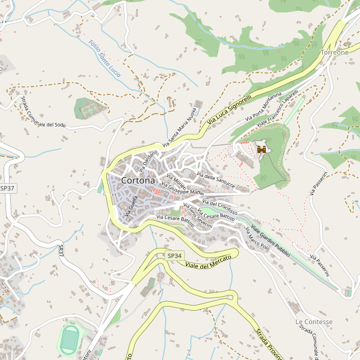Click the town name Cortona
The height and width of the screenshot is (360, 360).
(x=137, y=180)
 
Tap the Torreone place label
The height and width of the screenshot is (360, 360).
(x=334, y=52)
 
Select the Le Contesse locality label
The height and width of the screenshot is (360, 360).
(x=313, y=322)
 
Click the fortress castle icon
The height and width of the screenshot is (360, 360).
(x=261, y=149)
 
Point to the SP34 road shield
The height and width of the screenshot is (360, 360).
(x=173, y=256)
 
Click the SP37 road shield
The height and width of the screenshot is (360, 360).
(x=7, y=188)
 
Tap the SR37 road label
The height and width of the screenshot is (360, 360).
(x=61, y=251)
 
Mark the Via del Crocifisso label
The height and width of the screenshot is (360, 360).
(x=220, y=207)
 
